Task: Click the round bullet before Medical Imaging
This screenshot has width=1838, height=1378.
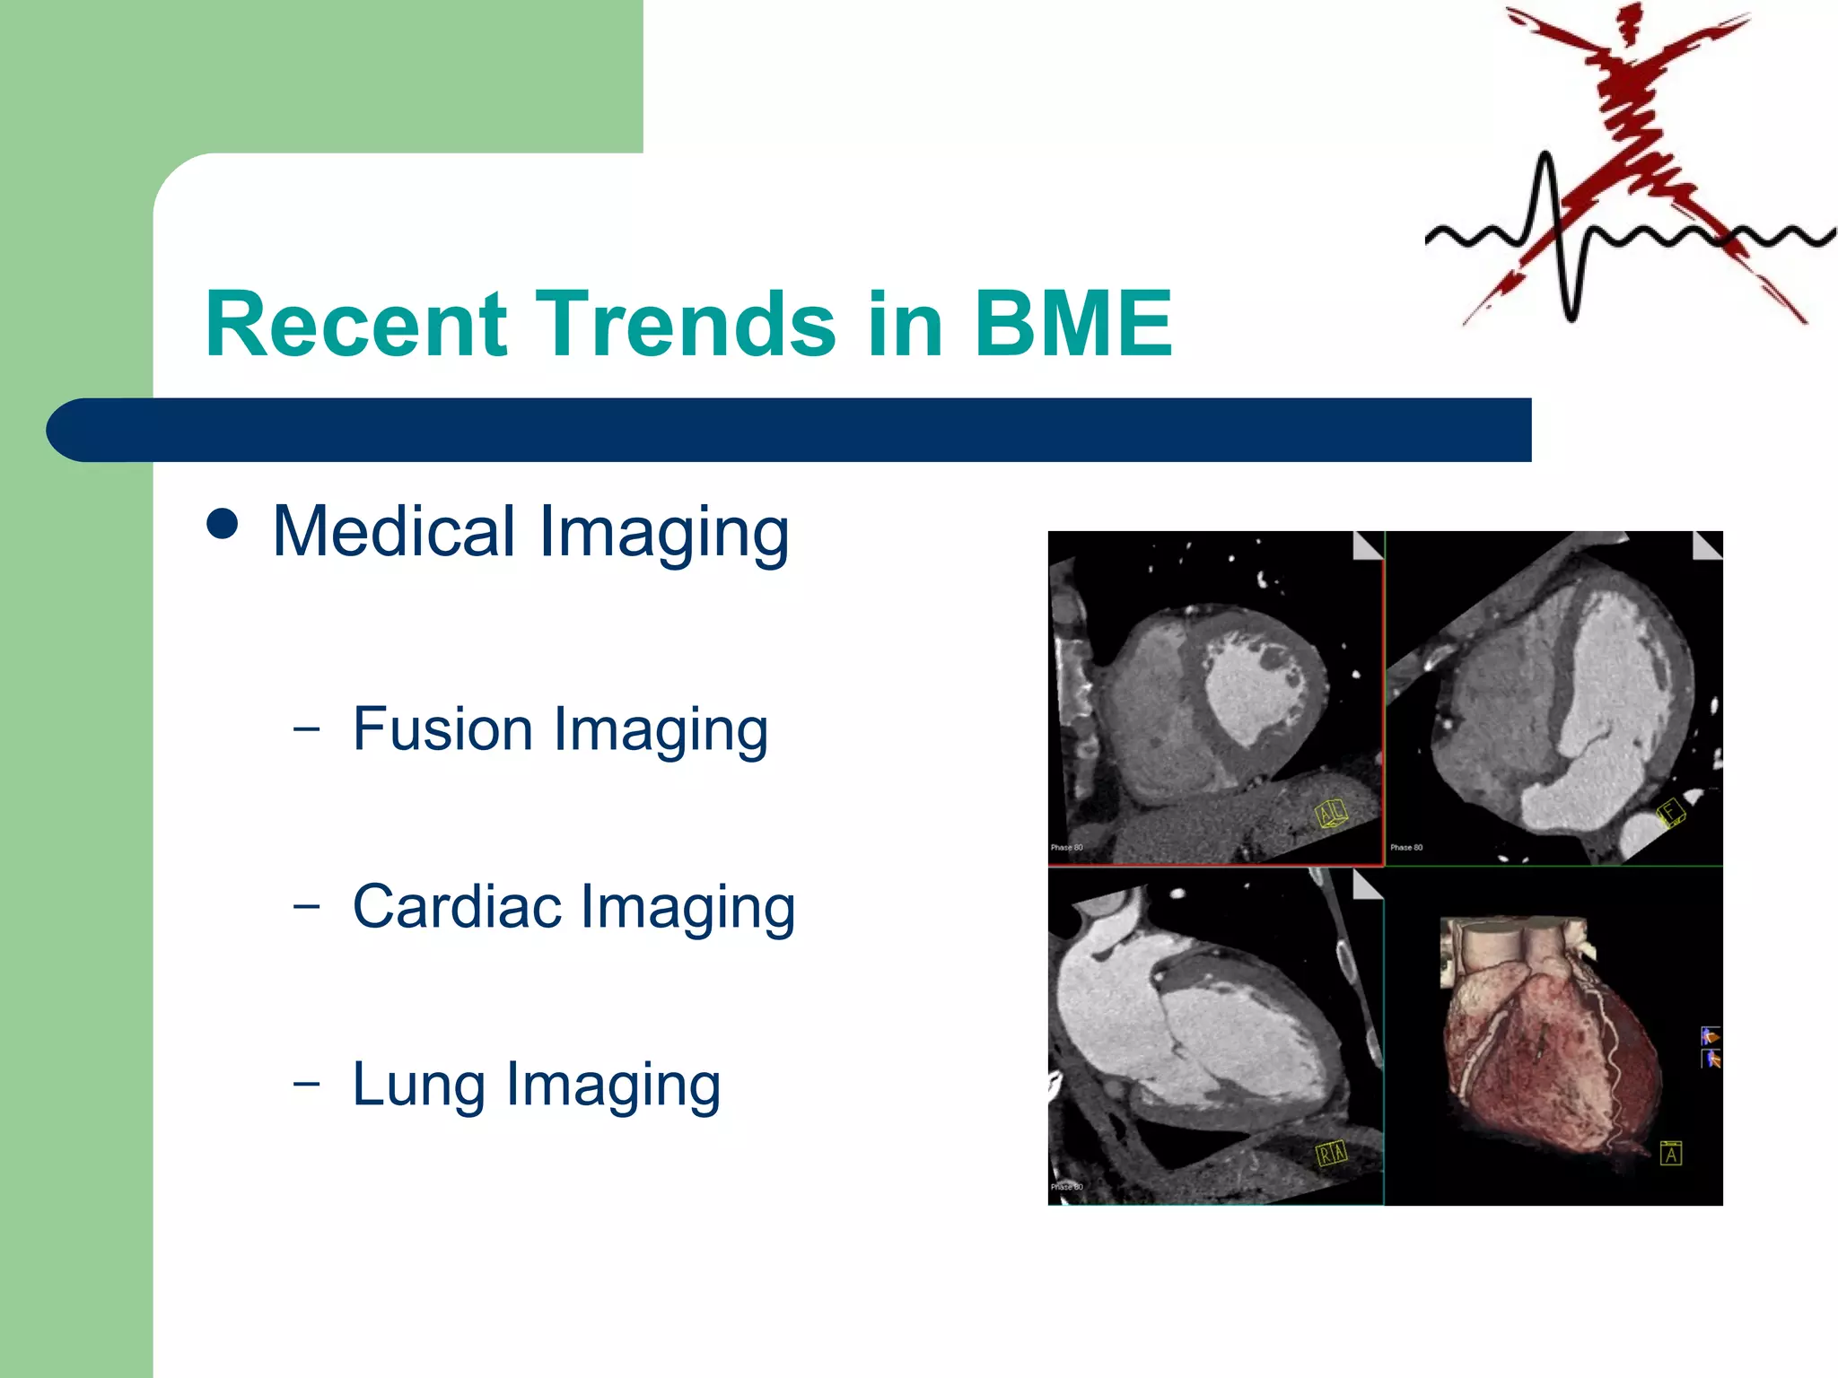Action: (x=223, y=524)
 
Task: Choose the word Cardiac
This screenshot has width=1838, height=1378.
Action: (x=457, y=906)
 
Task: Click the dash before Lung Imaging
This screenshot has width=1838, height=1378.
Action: (x=306, y=1083)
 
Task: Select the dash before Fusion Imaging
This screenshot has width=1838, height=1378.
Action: (x=306, y=728)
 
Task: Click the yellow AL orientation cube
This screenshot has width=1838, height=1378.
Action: (x=1330, y=813)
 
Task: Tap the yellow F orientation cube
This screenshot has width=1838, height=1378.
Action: (x=1670, y=812)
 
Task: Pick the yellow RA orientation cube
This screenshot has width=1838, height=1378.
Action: (x=1331, y=1153)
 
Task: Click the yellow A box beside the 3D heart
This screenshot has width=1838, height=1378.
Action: (x=1670, y=1153)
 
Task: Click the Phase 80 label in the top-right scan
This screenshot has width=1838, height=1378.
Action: (x=1406, y=847)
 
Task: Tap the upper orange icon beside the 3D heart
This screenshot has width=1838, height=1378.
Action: (x=1711, y=1036)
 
